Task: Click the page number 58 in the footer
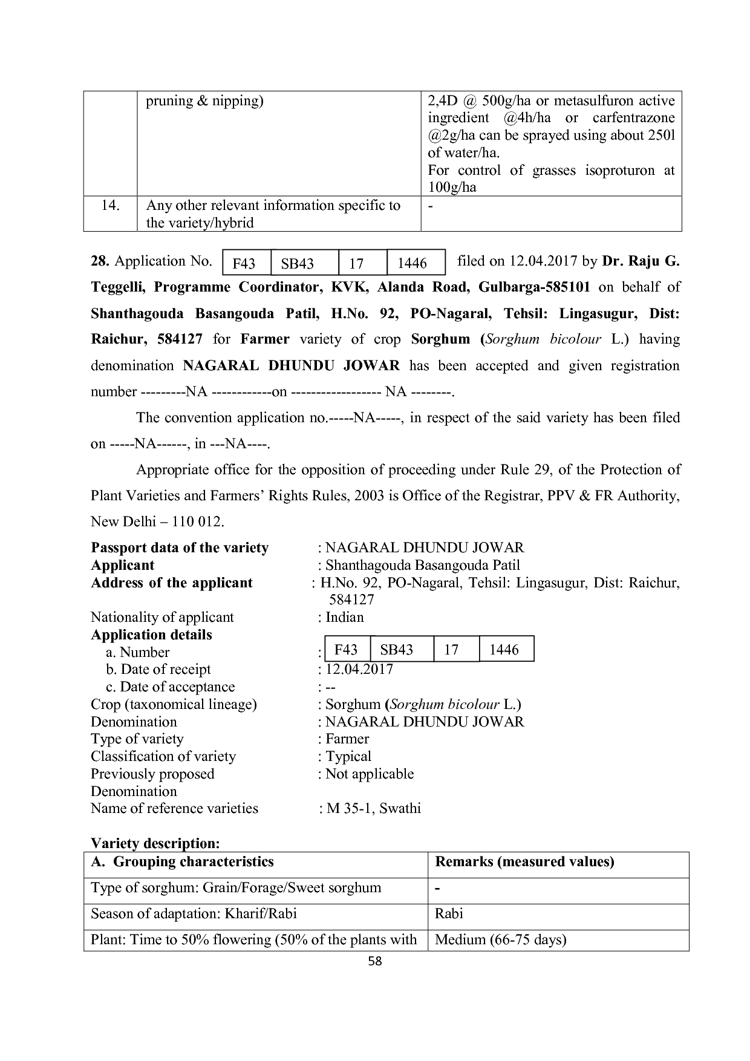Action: point(375,961)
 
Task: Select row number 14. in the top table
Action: point(110,206)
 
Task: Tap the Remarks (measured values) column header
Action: point(524,862)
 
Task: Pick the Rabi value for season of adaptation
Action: point(449,913)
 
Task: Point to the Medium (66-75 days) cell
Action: point(500,939)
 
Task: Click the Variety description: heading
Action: point(155,843)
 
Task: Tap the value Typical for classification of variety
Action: point(348,756)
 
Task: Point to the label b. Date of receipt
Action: point(158,669)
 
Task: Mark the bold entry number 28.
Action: point(100,261)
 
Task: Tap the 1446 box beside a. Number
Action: point(504,650)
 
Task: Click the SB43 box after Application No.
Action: point(298,264)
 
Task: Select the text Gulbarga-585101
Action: point(534,287)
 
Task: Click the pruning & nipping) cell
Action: point(204,100)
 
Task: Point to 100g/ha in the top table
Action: point(452,187)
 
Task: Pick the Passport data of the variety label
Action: point(180,547)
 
